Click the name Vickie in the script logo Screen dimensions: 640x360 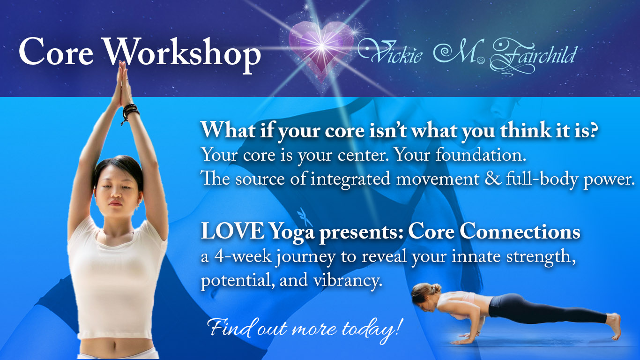click(x=390, y=52)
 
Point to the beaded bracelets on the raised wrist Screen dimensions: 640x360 click(x=130, y=112)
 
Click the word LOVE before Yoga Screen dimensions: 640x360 click(x=233, y=232)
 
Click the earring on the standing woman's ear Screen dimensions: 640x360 click(x=137, y=206)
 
